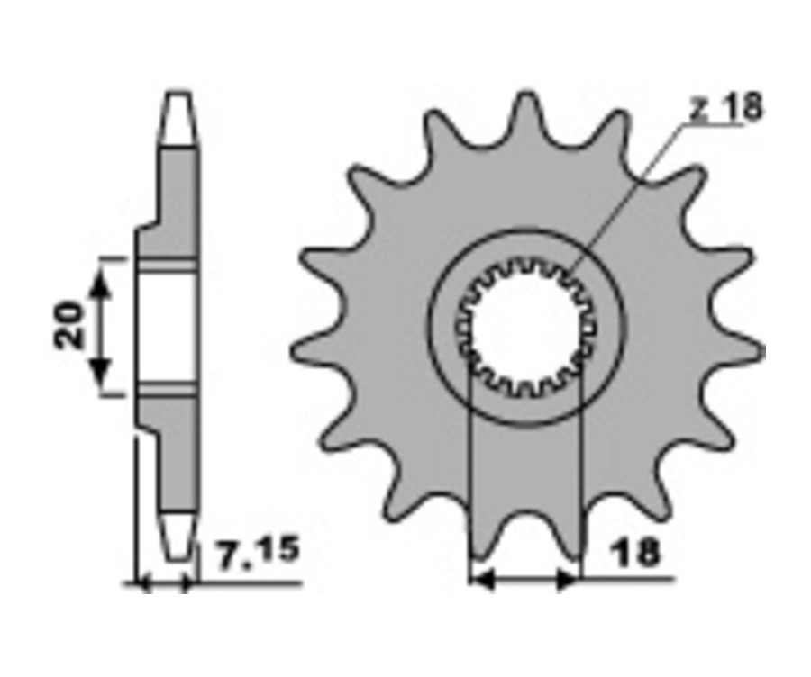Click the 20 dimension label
tap(69, 324)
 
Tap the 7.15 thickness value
tap(258, 553)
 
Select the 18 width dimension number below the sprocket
tap(634, 552)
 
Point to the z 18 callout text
tap(726, 107)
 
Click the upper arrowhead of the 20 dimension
tap(100, 284)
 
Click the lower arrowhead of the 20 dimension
tap(100, 372)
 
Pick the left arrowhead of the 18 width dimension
tap(484, 581)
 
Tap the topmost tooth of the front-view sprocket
tap(527, 116)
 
